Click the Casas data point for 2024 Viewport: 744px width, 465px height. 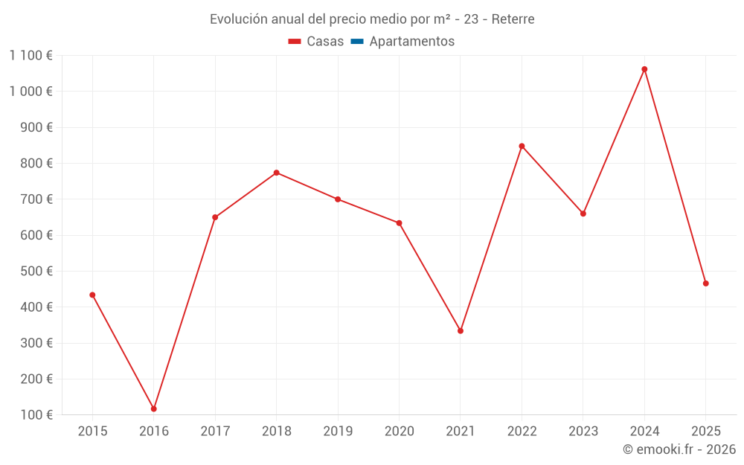point(644,69)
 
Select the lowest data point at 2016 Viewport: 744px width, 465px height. point(154,409)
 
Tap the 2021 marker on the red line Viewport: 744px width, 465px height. point(461,331)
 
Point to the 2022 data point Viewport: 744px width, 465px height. point(522,146)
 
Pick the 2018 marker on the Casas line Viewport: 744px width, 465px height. point(276,173)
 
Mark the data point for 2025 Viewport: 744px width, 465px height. point(705,283)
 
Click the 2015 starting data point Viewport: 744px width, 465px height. point(92,295)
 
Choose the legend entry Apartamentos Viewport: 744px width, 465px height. point(411,42)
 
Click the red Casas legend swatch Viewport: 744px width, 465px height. point(295,42)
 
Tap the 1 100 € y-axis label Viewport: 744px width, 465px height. point(31,55)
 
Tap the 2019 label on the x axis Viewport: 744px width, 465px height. point(338,432)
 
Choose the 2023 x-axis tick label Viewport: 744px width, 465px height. point(583,432)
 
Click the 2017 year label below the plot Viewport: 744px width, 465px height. point(215,432)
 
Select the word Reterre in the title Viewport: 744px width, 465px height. point(513,19)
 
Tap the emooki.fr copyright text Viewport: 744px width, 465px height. point(679,449)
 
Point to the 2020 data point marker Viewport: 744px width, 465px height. point(399,223)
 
